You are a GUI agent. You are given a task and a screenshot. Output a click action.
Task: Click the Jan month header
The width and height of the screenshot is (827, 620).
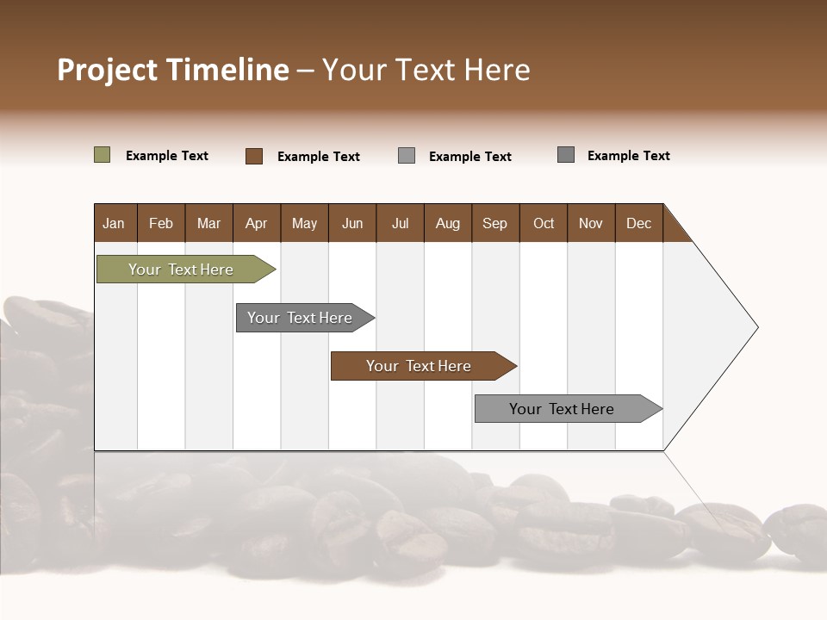click(x=115, y=223)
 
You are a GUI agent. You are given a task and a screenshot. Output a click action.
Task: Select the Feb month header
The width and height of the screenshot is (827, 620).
click(x=161, y=223)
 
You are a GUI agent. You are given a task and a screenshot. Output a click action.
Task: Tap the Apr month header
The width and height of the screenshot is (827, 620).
click(x=257, y=223)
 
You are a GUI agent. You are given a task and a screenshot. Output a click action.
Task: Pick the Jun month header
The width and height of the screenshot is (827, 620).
click(x=352, y=223)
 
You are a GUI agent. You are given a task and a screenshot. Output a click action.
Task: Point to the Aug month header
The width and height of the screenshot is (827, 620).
click(x=448, y=223)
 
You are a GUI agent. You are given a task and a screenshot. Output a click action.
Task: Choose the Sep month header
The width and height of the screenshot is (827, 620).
click(x=495, y=223)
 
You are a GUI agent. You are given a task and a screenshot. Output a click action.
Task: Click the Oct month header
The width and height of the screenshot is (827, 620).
click(x=544, y=223)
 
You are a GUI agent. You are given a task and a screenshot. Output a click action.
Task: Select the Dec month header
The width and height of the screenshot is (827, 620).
click(x=639, y=223)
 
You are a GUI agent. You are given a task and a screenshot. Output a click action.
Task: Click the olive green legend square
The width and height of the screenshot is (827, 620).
click(x=102, y=155)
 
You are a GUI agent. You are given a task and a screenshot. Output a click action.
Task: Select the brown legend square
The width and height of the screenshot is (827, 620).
click(x=253, y=156)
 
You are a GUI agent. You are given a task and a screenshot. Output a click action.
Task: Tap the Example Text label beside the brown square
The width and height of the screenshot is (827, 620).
click(x=319, y=157)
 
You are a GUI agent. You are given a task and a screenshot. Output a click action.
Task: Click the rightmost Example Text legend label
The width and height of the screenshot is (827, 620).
click(x=629, y=156)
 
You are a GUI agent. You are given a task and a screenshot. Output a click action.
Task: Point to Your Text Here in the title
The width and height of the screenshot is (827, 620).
click(x=426, y=70)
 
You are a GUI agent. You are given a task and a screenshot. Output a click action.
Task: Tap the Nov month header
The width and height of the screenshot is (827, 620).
click(x=591, y=223)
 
